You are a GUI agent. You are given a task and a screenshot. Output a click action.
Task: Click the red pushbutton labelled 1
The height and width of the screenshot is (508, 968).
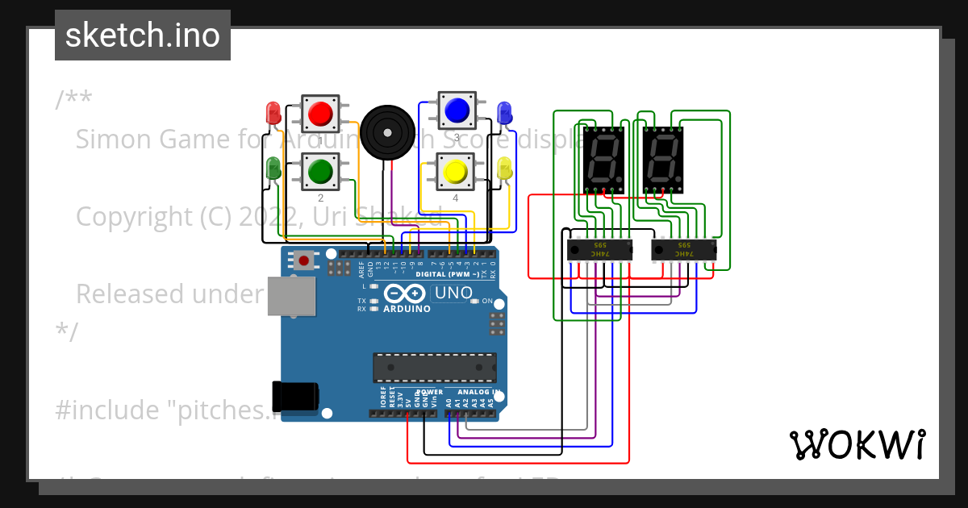click(x=321, y=113)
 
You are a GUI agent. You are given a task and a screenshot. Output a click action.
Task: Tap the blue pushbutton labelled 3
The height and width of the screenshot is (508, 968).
click(x=457, y=109)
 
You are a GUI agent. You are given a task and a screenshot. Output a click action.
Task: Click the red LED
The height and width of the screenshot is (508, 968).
click(x=273, y=112)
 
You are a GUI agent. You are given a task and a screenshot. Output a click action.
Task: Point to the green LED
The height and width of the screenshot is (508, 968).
click(x=273, y=169)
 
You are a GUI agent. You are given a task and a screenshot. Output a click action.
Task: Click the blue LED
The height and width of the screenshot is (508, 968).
click(x=505, y=112)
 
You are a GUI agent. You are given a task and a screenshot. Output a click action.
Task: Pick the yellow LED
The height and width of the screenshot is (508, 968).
click(x=505, y=169)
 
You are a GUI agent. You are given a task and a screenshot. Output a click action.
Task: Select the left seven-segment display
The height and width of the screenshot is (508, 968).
click(x=603, y=159)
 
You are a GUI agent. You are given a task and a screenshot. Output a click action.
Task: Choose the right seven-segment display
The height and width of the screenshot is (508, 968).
click(x=664, y=159)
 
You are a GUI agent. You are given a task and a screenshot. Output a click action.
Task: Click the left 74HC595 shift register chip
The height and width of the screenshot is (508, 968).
click(x=599, y=249)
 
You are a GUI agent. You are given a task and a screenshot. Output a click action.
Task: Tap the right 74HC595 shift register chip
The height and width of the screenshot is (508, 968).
click(x=683, y=249)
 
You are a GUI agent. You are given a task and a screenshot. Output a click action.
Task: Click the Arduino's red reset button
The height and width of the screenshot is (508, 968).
click(x=304, y=260)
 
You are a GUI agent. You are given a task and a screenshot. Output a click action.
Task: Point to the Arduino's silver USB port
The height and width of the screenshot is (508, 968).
click(x=292, y=297)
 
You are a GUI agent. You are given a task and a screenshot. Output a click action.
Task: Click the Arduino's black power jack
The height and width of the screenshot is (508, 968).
click(x=295, y=396)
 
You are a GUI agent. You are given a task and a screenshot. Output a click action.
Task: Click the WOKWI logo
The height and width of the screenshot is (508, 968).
click(x=857, y=444)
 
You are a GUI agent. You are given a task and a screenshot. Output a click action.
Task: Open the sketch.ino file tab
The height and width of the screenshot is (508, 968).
click(x=143, y=35)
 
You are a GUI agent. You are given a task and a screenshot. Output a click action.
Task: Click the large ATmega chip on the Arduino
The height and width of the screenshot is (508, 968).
click(x=434, y=367)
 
